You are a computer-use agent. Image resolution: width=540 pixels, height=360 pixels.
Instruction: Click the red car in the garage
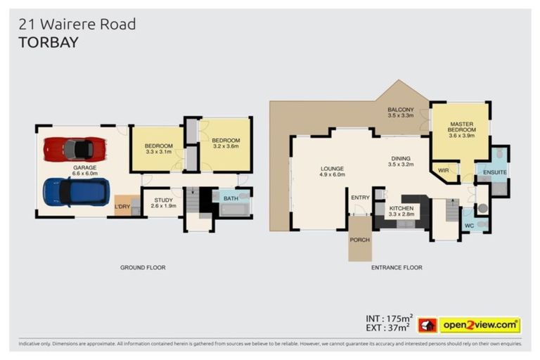pos(75,149)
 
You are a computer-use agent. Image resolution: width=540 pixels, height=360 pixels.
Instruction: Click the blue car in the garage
pos(76,191)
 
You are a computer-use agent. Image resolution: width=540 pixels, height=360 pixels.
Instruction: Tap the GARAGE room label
pos(85,168)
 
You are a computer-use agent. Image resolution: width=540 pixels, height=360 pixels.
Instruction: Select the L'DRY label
pos(122,206)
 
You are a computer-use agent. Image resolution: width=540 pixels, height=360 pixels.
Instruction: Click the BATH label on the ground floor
pos(231,199)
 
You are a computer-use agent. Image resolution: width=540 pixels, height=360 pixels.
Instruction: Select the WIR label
pos(444,170)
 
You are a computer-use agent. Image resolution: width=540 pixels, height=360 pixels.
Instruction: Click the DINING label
pos(400,161)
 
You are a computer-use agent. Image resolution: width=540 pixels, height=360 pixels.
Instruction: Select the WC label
pos(469,226)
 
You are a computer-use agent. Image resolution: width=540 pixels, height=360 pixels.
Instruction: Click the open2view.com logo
pos(480,325)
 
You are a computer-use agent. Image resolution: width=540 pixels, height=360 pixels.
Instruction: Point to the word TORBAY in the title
pos(49,42)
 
